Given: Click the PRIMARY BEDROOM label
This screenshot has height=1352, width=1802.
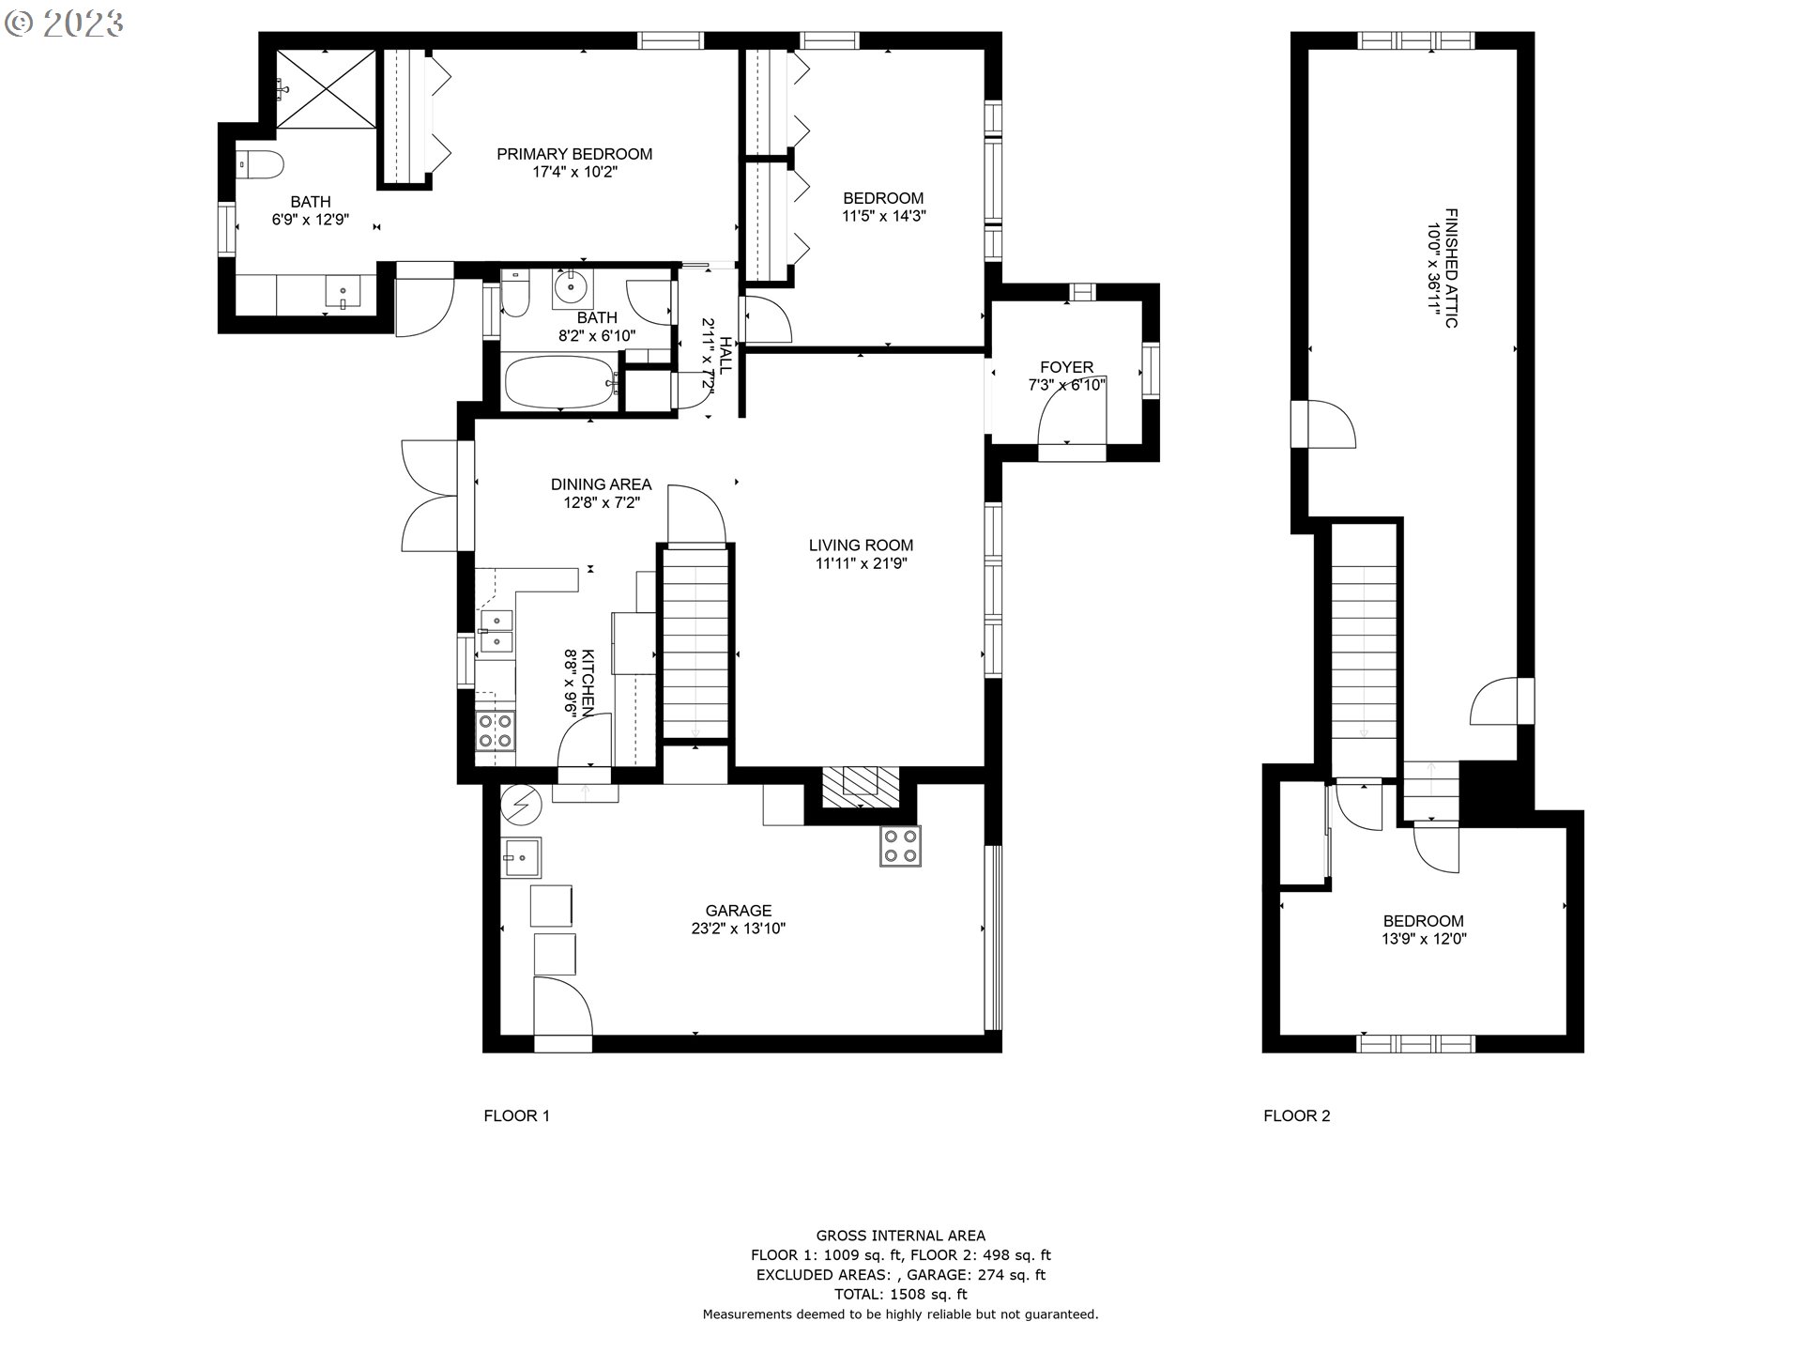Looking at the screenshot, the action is click(574, 154).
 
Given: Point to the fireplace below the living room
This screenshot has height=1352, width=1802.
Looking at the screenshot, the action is click(861, 787).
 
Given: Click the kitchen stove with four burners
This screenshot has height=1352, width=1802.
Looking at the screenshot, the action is click(495, 730).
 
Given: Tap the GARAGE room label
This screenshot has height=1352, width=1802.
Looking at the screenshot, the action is click(739, 911).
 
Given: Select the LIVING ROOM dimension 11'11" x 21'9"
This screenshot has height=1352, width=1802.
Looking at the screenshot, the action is click(862, 563).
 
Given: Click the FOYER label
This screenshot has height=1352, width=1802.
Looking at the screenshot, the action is click(1067, 367).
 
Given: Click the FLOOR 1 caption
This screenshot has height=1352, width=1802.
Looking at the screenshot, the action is click(516, 1115).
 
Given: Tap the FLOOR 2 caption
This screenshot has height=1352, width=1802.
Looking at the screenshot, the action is click(1297, 1115).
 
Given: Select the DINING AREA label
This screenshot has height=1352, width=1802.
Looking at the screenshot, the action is click(601, 484).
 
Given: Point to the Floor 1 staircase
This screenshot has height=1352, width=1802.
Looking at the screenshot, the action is click(695, 642).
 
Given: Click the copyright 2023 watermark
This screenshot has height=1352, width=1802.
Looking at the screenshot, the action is click(64, 23).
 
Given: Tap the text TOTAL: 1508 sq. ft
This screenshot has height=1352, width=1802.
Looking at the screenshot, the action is click(901, 1294).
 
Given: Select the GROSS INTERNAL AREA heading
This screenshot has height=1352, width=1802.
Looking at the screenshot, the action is click(901, 1236).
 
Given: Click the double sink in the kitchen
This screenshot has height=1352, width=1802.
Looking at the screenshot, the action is click(496, 631).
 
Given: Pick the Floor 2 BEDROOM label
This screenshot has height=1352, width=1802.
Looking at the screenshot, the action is click(1424, 921).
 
